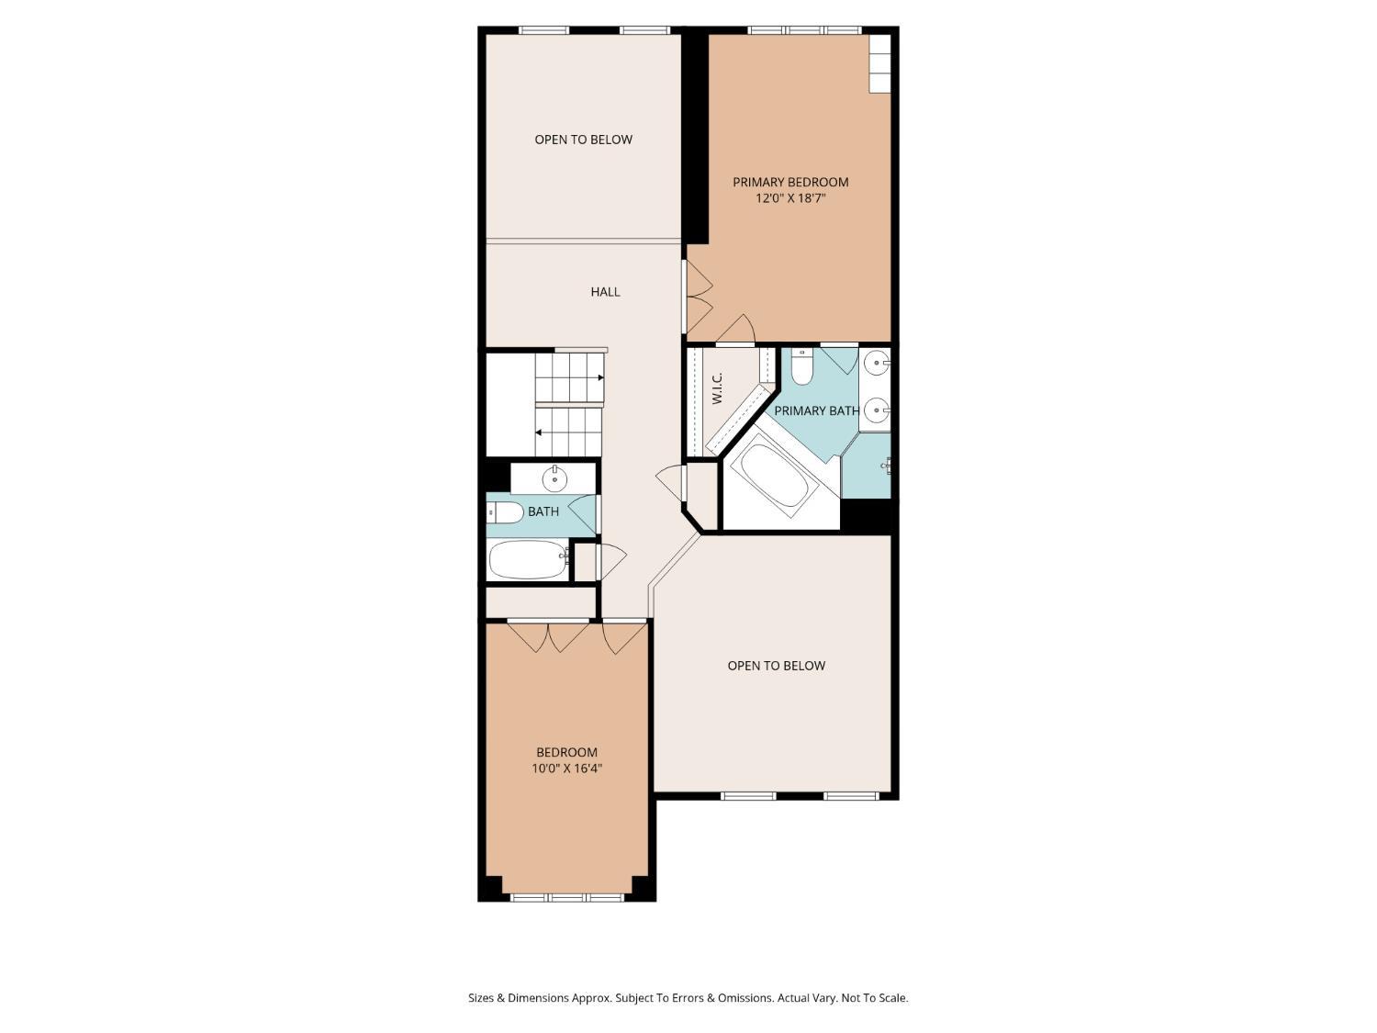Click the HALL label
point(605,292)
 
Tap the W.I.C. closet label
point(718,387)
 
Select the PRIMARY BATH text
point(816,410)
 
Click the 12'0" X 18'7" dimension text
point(790,199)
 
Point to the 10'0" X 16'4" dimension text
point(566,769)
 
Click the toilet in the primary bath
point(801,367)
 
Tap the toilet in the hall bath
point(506,512)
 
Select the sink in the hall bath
point(554,479)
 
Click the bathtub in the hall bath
point(528,559)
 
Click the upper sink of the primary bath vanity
point(877,363)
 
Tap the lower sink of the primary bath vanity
point(877,411)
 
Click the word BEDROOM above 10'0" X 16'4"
point(566,752)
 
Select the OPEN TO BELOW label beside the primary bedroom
point(584,140)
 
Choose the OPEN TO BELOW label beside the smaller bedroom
point(776,666)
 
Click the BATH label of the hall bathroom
point(543,511)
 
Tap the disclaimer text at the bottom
point(688,998)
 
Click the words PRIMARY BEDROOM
point(790,183)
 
